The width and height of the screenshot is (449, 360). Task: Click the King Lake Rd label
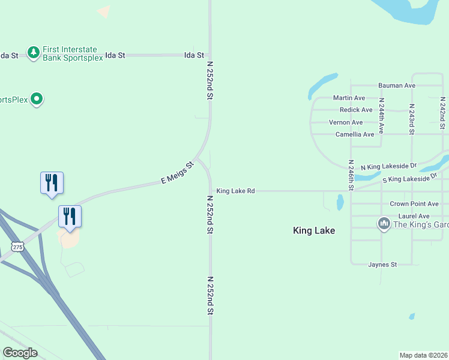[235, 191]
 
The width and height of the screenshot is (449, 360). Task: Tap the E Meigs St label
[178, 172]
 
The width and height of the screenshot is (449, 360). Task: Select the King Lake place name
[313, 230]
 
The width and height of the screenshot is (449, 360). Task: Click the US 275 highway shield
[17, 246]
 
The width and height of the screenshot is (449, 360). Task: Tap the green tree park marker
[33, 53]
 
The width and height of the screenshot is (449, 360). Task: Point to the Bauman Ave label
[396, 86]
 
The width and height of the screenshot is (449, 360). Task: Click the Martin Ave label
[349, 98]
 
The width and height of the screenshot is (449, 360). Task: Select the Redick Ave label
[356, 110]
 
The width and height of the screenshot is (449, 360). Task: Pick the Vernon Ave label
[346, 122]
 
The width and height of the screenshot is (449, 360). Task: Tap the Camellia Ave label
[354, 134]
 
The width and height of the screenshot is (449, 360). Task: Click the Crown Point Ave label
[414, 204]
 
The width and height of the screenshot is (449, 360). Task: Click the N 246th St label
[351, 175]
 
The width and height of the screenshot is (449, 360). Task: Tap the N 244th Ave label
[381, 115]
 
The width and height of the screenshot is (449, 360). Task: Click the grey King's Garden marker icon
[384, 224]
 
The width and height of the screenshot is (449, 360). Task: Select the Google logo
[20, 353]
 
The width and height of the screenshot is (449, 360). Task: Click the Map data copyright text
[423, 355]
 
